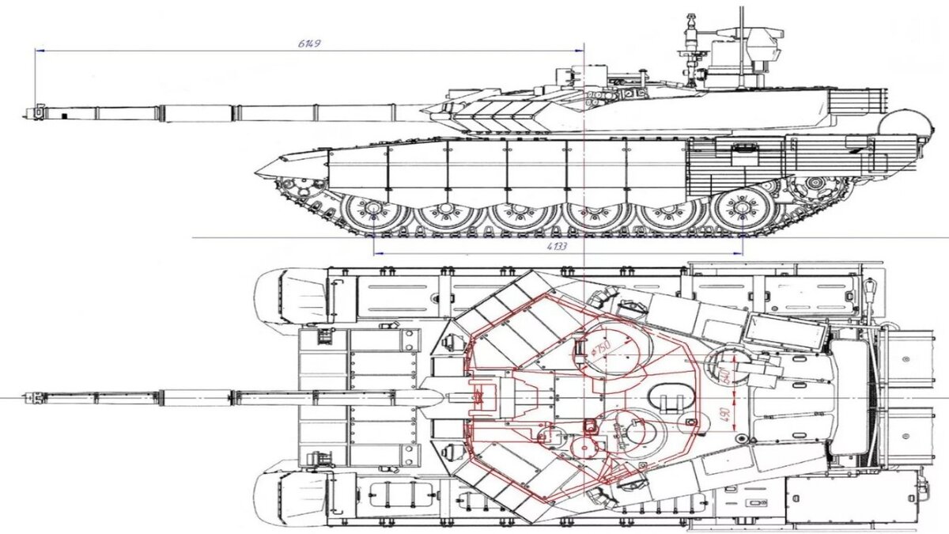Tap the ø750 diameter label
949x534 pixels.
[602, 348]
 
